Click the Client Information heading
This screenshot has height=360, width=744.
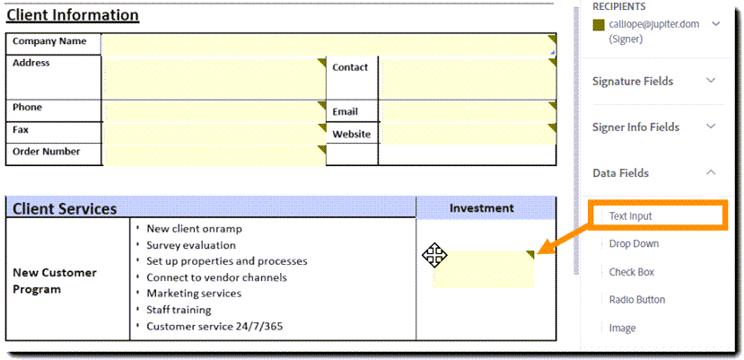(73, 15)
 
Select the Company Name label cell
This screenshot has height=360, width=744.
(49, 41)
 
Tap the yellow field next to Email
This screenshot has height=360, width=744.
(468, 111)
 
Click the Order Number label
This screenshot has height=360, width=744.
(46, 152)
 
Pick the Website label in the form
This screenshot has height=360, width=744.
(351, 134)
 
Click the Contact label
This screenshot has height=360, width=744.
(350, 67)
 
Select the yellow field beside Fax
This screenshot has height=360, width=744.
(214, 131)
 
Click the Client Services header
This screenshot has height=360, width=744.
(65, 208)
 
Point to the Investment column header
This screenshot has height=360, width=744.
(482, 208)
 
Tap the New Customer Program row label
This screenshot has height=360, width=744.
(55, 281)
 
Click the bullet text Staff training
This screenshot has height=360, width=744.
(179, 310)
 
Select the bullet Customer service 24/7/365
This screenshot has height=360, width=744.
(214, 326)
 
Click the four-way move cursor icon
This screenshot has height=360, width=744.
(434, 256)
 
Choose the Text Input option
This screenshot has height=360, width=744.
(630, 215)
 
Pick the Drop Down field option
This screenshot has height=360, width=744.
(634, 243)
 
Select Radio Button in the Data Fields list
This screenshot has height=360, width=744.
(636, 300)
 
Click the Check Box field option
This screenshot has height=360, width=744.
(632, 272)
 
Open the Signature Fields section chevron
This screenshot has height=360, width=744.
(711, 81)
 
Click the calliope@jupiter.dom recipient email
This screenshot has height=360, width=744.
(652, 24)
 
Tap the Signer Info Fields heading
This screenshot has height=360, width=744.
(635, 127)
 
